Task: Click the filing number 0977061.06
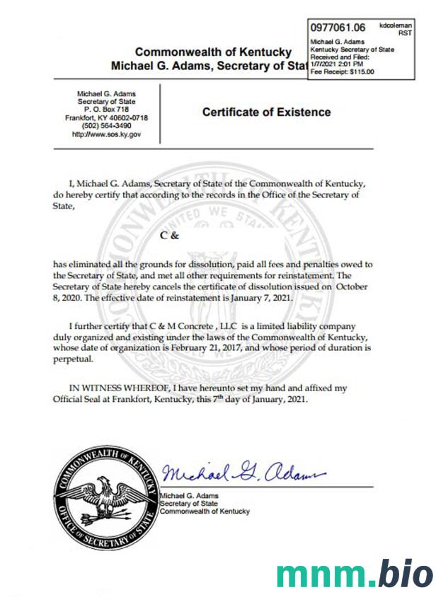pos(338,28)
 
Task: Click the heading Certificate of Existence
pos(266,112)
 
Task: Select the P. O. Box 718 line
pos(106,110)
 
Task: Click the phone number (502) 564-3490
pos(106,125)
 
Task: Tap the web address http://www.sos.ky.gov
pos(106,133)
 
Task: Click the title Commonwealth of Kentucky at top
pos(212,52)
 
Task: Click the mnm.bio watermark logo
pos(354,575)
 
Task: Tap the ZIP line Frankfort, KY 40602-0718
pos(106,117)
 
